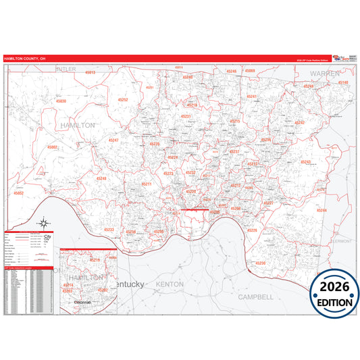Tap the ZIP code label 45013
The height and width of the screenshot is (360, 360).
90,72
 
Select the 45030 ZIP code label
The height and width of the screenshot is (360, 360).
61,101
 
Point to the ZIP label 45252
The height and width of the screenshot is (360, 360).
124,99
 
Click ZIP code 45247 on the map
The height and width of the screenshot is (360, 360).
113,140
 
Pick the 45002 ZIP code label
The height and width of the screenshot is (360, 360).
53,147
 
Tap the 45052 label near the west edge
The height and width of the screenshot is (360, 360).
18,193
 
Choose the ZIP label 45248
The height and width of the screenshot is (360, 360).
101,178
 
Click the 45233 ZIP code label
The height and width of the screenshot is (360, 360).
109,230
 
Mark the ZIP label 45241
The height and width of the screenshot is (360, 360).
252,97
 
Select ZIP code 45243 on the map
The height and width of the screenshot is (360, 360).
305,162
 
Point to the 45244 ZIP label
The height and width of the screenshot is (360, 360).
322,211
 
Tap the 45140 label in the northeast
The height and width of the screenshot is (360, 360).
342,82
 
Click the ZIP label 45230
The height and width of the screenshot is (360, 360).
261,263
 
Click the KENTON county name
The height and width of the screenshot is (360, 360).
170,284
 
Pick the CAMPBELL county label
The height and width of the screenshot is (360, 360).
255,296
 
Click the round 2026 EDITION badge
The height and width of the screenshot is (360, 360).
334,292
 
